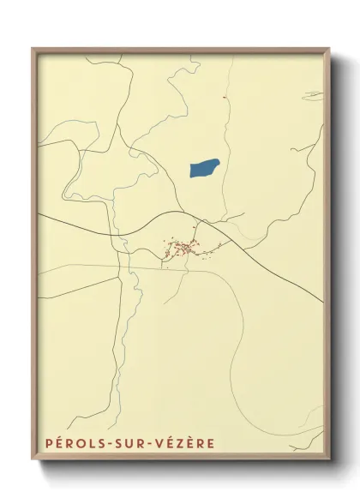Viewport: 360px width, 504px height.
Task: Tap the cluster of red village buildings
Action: click(183, 249)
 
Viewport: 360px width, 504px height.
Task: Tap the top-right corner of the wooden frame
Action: click(330, 49)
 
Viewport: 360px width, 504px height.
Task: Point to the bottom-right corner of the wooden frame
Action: click(330, 460)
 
